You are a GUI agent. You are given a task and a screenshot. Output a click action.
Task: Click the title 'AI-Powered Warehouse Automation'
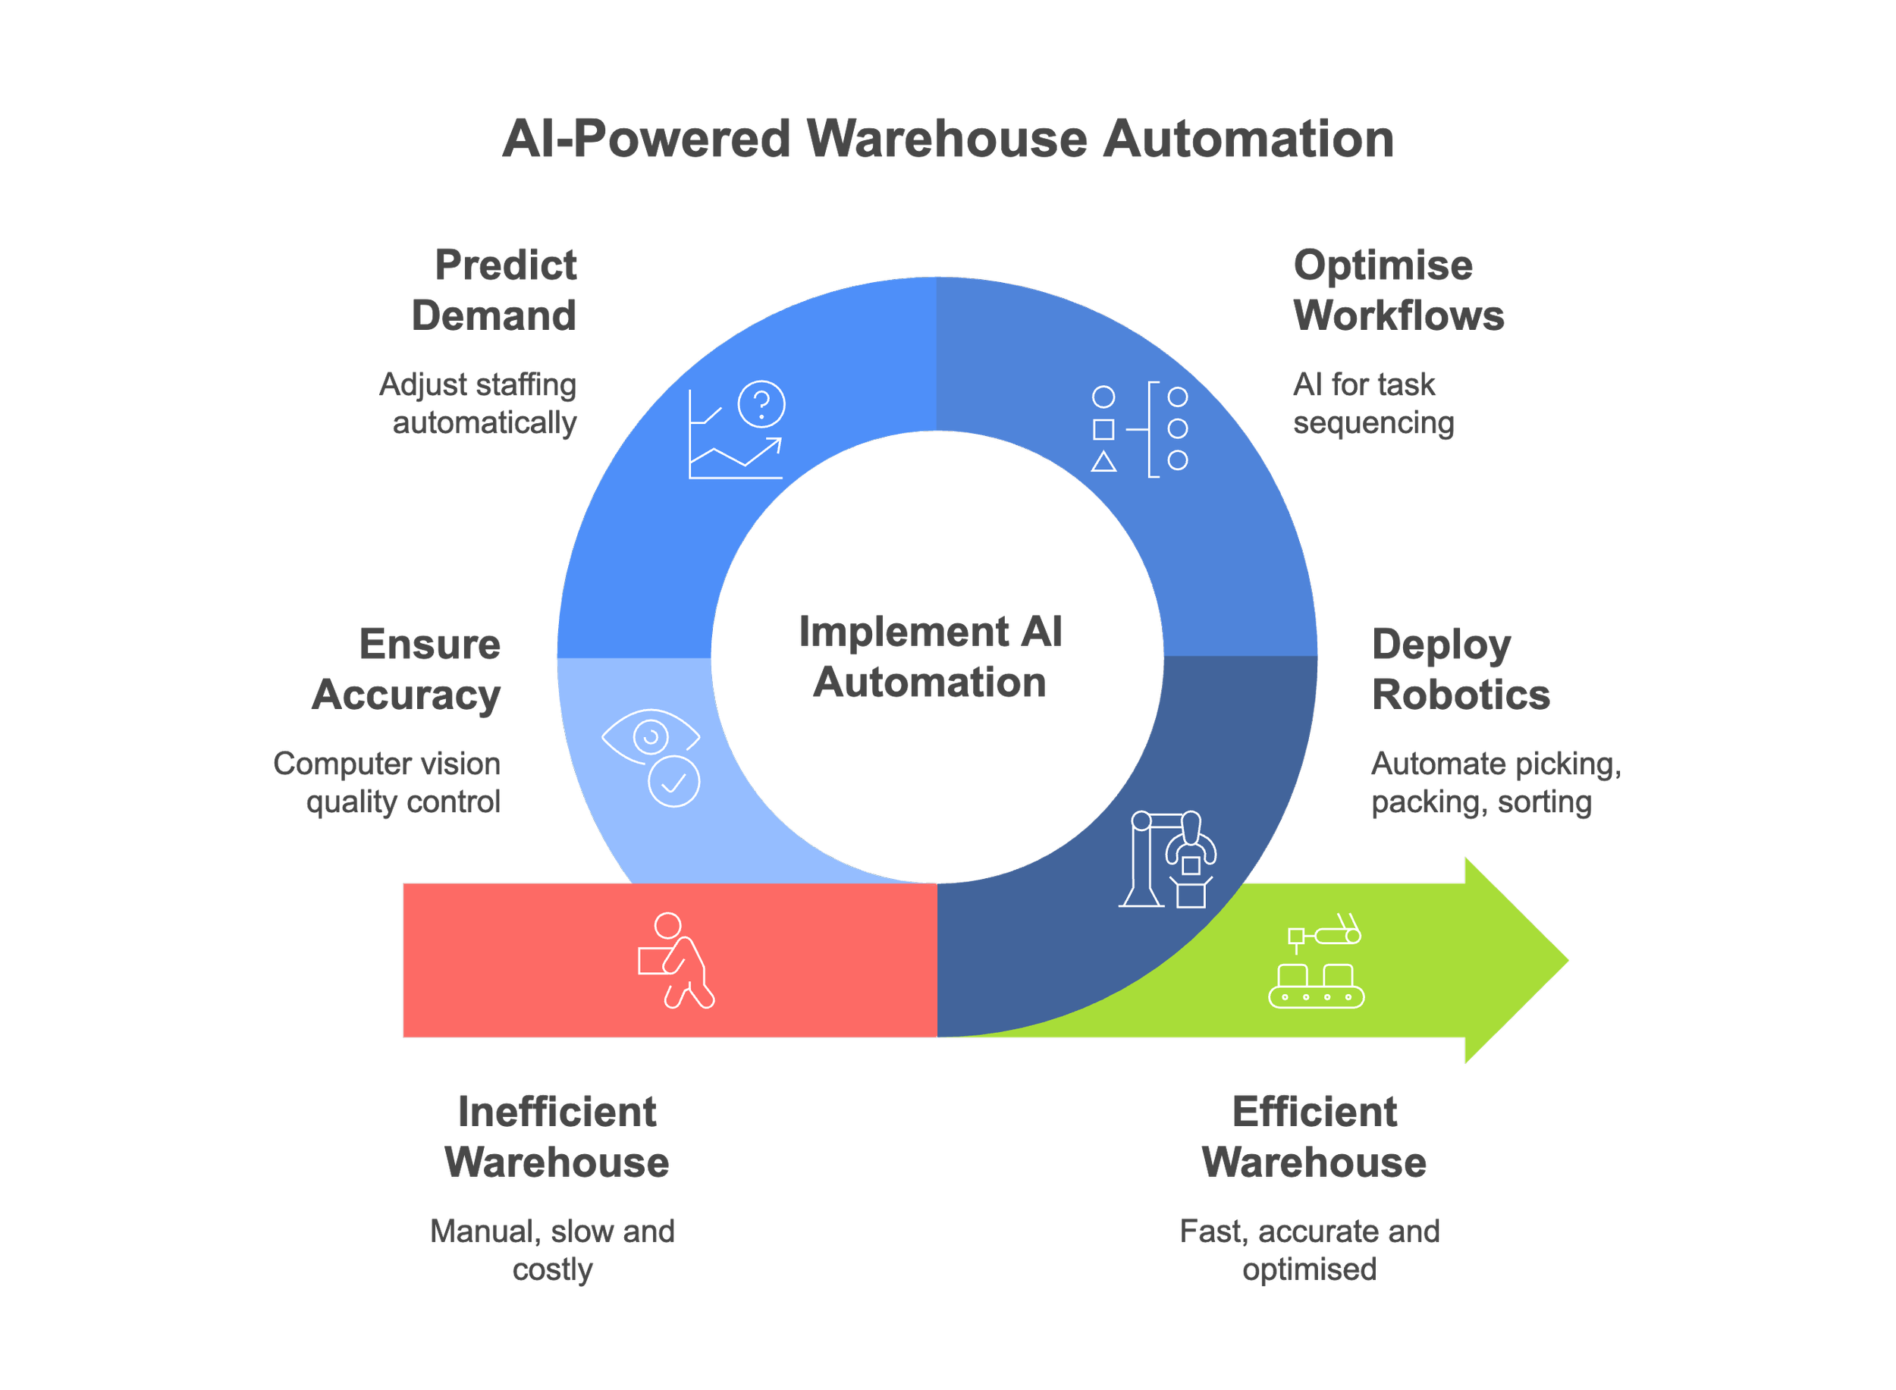pos(947,139)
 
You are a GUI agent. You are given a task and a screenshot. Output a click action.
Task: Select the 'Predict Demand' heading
pos(494,290)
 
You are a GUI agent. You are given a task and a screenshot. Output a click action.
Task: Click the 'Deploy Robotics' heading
pos(1460,670)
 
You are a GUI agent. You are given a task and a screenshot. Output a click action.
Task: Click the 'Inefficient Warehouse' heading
pos(556,1137)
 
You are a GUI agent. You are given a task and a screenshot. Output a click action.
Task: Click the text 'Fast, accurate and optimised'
pos(1311,1250)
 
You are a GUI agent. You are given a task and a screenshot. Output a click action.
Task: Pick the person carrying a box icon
pos(675,960)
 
